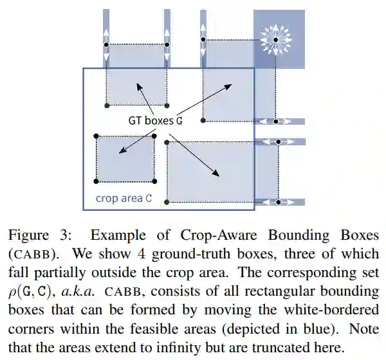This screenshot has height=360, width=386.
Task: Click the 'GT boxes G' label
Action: [x=154, y=120]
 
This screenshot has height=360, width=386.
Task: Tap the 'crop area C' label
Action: [x=124, y=198]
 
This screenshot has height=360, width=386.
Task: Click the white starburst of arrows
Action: [x=275, y=40]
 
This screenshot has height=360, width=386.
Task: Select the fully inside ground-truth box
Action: [x=125, y=158]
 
